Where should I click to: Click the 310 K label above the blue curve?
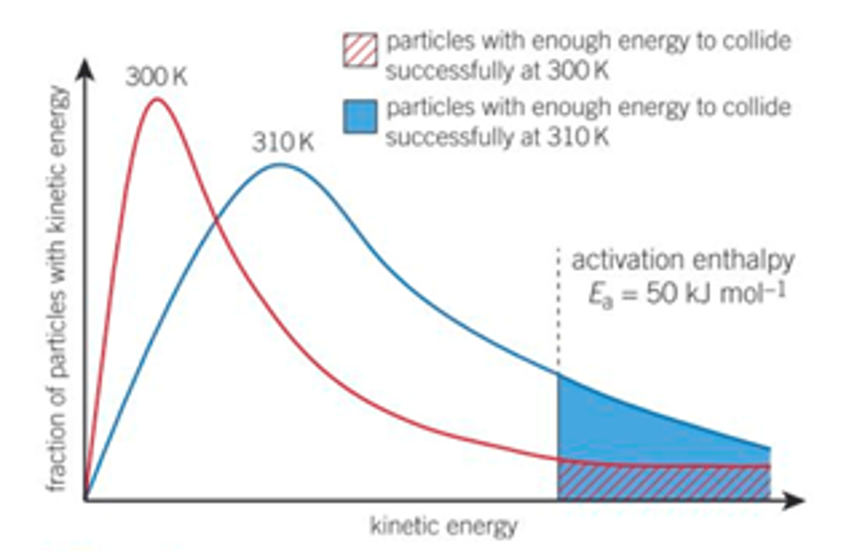(x=282, y=143)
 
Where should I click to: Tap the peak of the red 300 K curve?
(x=157, y=99)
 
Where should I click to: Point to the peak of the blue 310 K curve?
(x=279, y=164)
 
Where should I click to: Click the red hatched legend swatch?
(x=360, y=50)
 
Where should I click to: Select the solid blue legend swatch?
(x=360, y=116)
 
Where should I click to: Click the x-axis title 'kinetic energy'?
(x=443, y=526)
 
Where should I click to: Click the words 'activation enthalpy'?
(x=682, y=260)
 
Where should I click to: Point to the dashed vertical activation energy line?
(x=558, y=312)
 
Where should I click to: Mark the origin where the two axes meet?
(x=86, y=499)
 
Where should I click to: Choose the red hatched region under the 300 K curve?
(x=661, y=483)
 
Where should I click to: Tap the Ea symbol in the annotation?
(x=599, y=295)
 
